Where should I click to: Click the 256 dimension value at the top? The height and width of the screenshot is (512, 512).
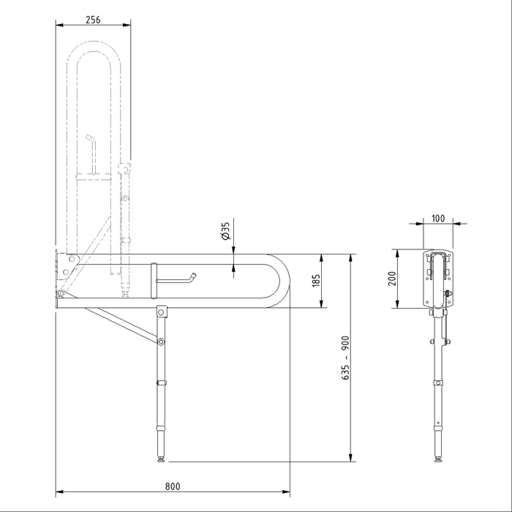pos(93,20)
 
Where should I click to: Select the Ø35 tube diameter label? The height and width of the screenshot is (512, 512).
pos(226,232)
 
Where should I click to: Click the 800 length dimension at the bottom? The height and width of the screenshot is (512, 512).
pos(173,486)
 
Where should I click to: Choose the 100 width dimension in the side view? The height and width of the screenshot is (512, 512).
pos(438,218)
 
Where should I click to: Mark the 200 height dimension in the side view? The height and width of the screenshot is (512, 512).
pos(391,279)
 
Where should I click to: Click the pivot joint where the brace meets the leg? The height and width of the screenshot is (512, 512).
pos(160,342)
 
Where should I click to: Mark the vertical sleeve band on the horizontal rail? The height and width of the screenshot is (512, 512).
pos(154,280)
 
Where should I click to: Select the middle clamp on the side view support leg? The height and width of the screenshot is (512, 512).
pos(438,383)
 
